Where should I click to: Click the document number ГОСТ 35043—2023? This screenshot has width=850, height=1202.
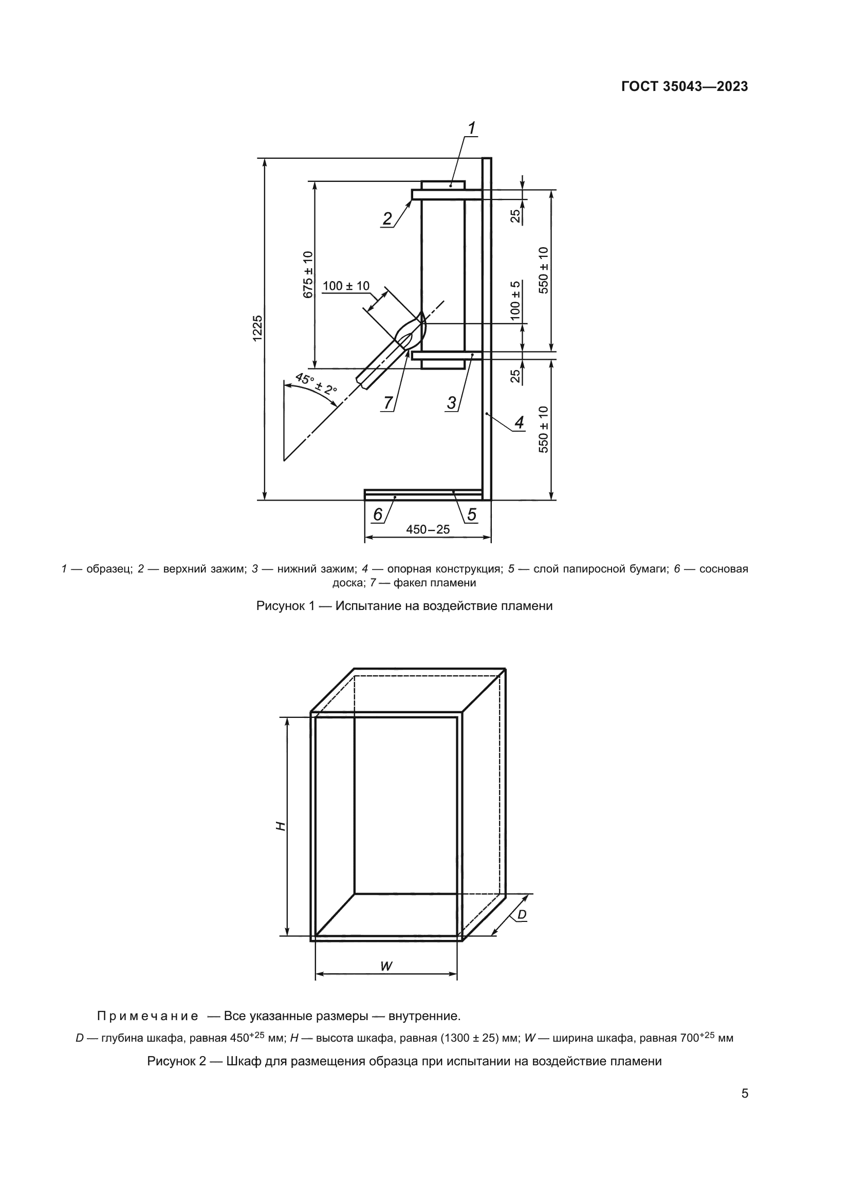tap(684, 87)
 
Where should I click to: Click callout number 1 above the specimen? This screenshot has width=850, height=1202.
tap(471, 128)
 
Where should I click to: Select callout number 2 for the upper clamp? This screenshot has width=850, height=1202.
tap(387, 218)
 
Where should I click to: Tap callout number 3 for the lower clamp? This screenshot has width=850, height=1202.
tap(451, 402)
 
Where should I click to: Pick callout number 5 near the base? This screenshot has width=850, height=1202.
tap(472, 514)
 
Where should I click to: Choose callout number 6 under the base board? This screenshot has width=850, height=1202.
tap(377, 515)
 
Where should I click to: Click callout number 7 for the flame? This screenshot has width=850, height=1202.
tap(388, 402)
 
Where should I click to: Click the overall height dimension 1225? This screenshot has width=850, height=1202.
tap(257, 329)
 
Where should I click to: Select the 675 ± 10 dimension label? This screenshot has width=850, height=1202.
tap(308, 275)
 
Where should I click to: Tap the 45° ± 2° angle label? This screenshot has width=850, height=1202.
tap(316, 384)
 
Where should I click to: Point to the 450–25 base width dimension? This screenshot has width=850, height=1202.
tap(428, 529)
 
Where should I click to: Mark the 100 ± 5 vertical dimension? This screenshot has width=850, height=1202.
tap(515, 301)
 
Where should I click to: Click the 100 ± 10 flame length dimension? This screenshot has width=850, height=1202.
tap(345, 286)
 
